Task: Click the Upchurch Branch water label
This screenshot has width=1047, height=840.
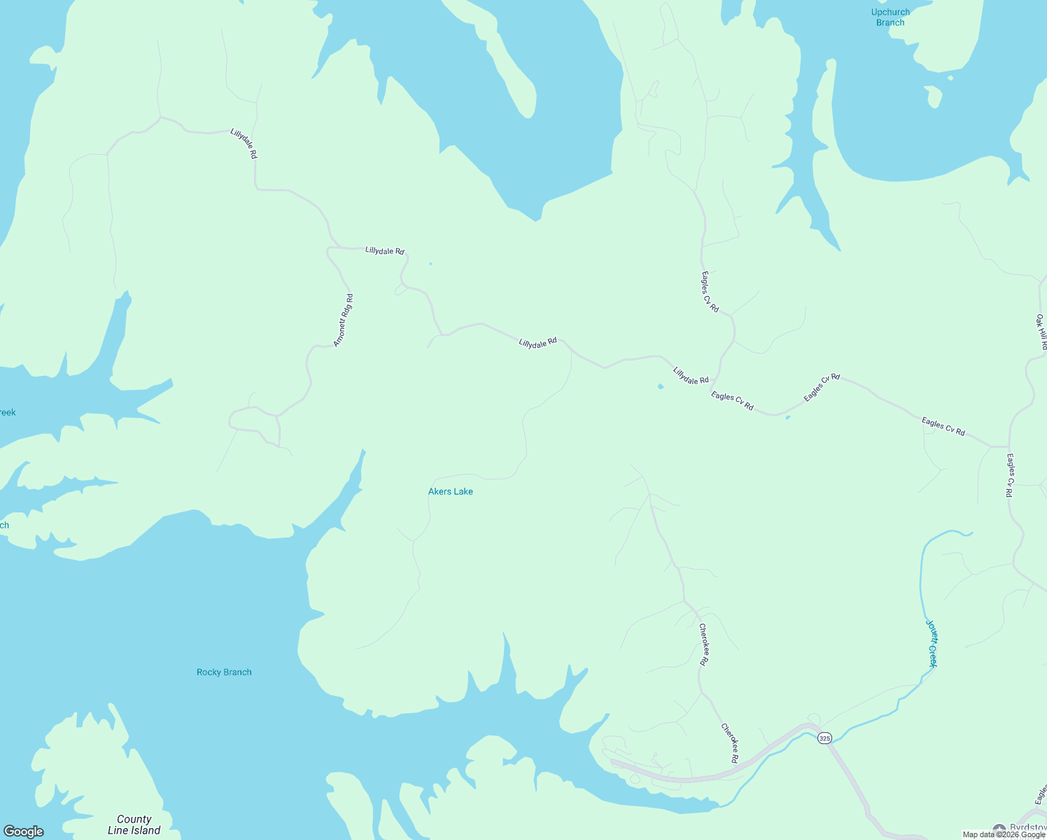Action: point(890,17)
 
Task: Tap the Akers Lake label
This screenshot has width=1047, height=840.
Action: point(451,491)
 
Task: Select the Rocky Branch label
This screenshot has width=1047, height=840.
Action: point(224,672)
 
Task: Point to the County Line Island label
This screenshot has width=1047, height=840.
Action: point(134,825)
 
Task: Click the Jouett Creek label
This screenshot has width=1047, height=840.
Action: point(932,643)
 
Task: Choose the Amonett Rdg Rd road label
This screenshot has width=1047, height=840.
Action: point(343,321)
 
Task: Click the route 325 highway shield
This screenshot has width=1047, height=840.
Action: point(824,738)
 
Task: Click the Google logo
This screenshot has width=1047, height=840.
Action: point(24,832)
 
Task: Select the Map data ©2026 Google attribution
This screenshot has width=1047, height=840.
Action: point(1004,834)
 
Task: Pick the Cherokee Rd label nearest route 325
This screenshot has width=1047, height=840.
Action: point(730,743)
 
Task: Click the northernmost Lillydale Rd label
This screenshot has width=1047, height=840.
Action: point(244,143)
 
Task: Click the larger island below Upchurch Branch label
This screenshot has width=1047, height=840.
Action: point(933,96)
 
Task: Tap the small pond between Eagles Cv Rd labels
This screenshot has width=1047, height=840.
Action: point(788,418)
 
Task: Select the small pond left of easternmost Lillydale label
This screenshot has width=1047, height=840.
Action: point(660,386)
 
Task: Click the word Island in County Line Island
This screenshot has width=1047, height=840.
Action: point(145,831)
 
